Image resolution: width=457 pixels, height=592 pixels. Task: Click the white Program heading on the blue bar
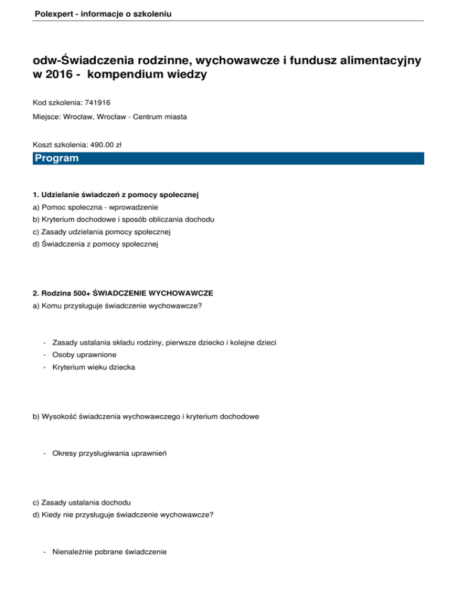click(x=57, y=158)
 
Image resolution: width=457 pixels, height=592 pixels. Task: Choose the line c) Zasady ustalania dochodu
click(x=81, y=503)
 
